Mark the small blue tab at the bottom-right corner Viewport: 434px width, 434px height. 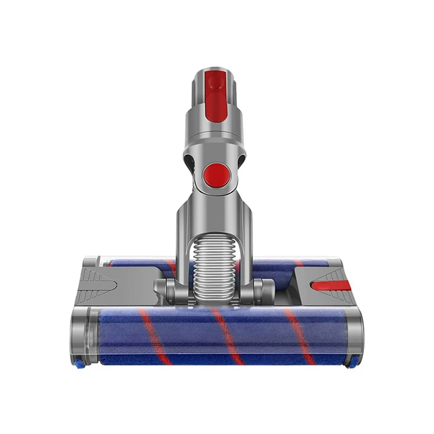click(354, 363)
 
